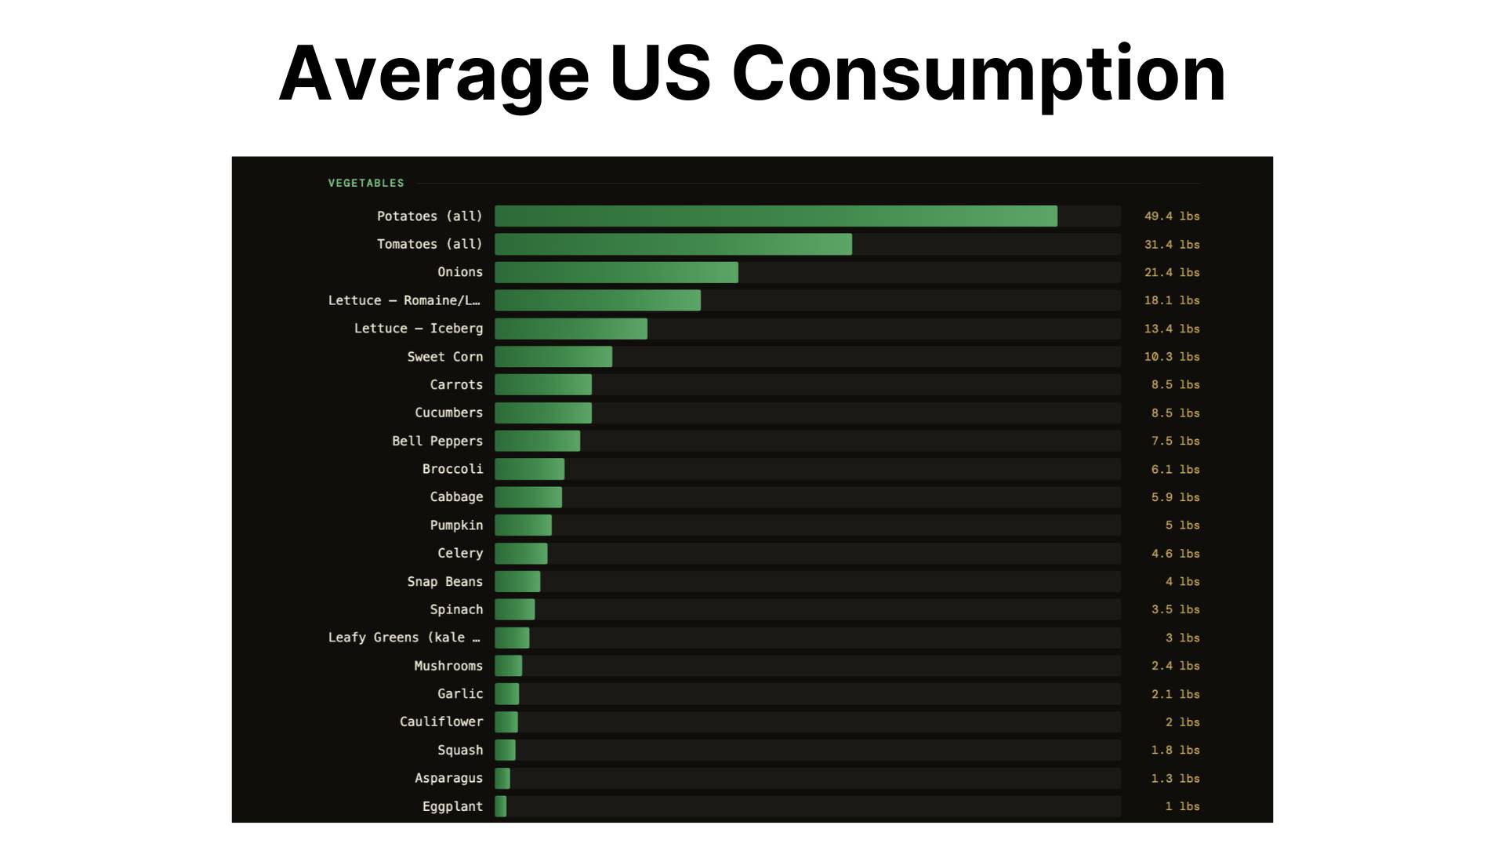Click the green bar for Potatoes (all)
coord(776,216)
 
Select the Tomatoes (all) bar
coord(673,244)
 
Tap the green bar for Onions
coord(616,272)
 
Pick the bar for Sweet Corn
coord(553,357)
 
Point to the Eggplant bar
coord(501,806)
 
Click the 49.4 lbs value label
coord(1172,216)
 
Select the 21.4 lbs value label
coord(1172,272)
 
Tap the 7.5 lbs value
coord(1175,441)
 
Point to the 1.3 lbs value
coord(1175,778)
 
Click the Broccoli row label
coord(452,469)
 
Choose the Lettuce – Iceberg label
coord(419,329)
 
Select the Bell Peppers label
coord(437,441)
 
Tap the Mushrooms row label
coord(448,666)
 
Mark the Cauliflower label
coord(441,722)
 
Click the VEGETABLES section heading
coord(366,183)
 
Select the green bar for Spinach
coord(515,609)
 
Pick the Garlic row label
coord(460,694)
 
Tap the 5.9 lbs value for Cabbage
coord(1175,497)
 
